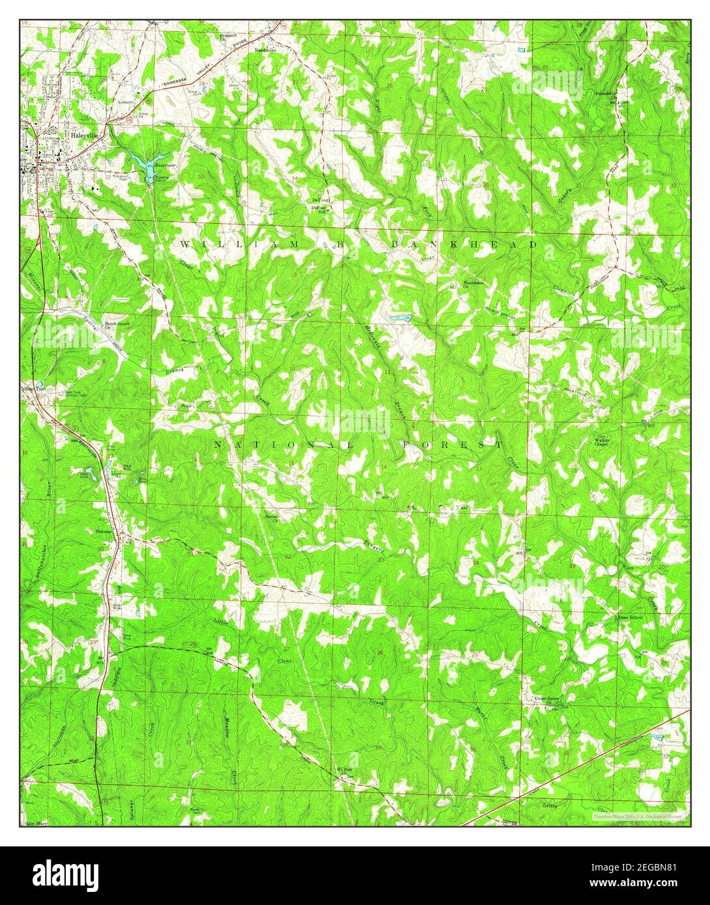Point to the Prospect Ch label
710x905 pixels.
click(x=228, y=35)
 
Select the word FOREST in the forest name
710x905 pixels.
click(x=451, y=445)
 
